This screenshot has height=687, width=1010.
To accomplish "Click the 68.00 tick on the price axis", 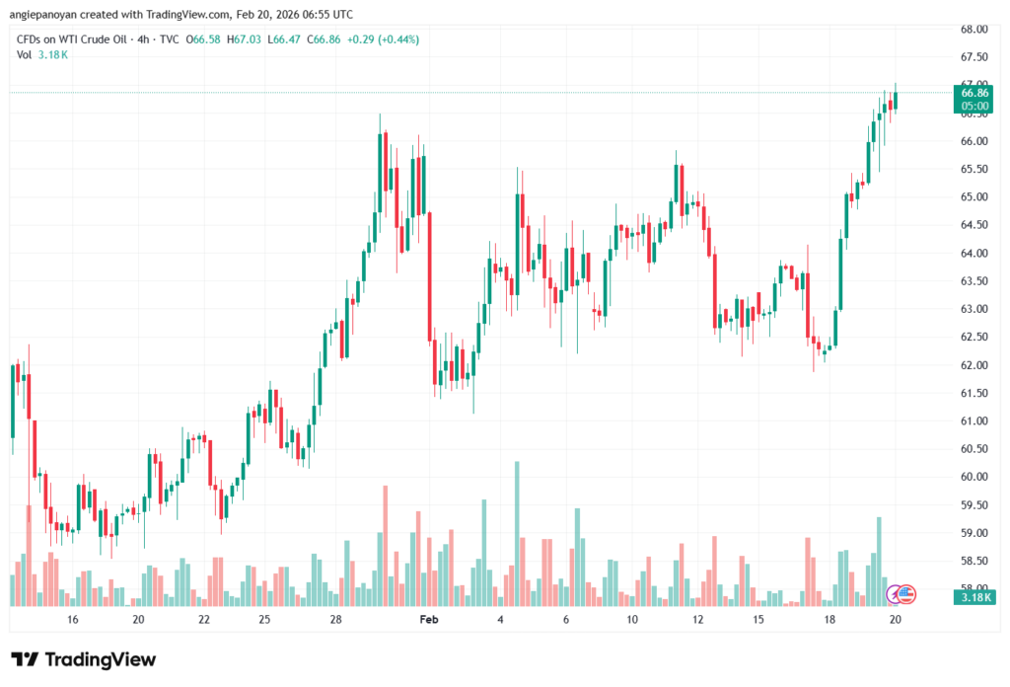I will point(974,29).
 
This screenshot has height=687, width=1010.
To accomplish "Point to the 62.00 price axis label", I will point(974,365).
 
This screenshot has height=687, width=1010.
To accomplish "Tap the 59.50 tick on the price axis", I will point(974,505).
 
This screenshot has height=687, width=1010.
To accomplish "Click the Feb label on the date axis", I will point(428,620).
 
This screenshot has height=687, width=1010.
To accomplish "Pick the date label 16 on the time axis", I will point(72,620).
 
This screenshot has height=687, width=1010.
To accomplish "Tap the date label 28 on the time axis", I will point(336,620).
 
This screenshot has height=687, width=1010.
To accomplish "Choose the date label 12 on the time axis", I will point(698,620).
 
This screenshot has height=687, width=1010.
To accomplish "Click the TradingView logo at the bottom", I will point(84,659).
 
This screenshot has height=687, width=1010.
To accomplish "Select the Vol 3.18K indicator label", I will point(42,54).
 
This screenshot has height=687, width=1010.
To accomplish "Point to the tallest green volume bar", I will point(516,533).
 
